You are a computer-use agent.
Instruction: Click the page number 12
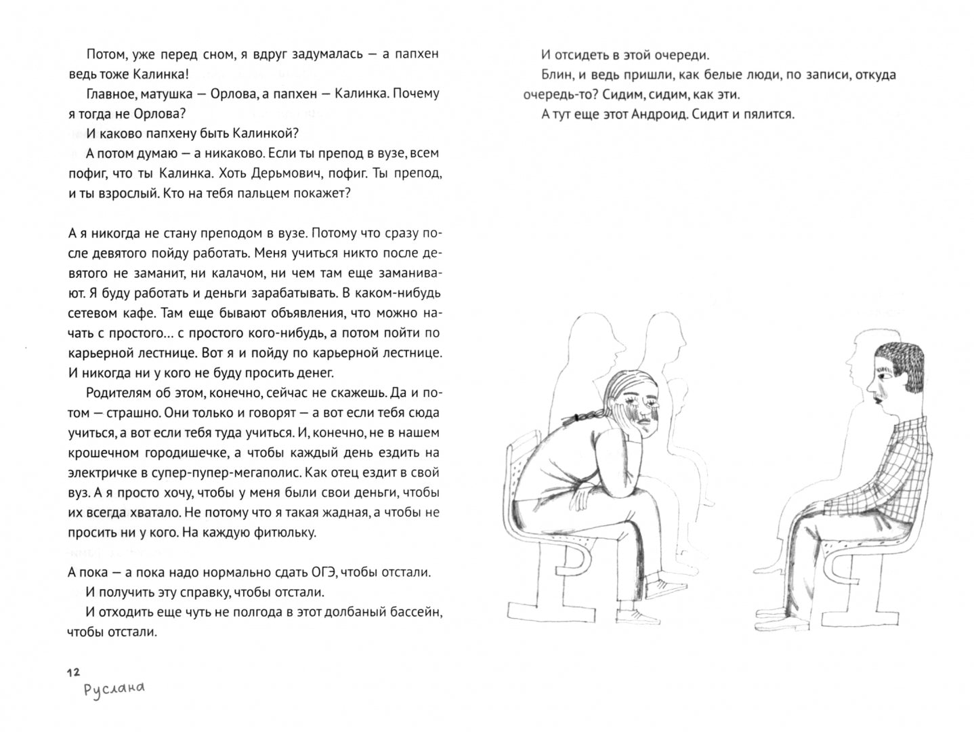pos(73,672)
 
